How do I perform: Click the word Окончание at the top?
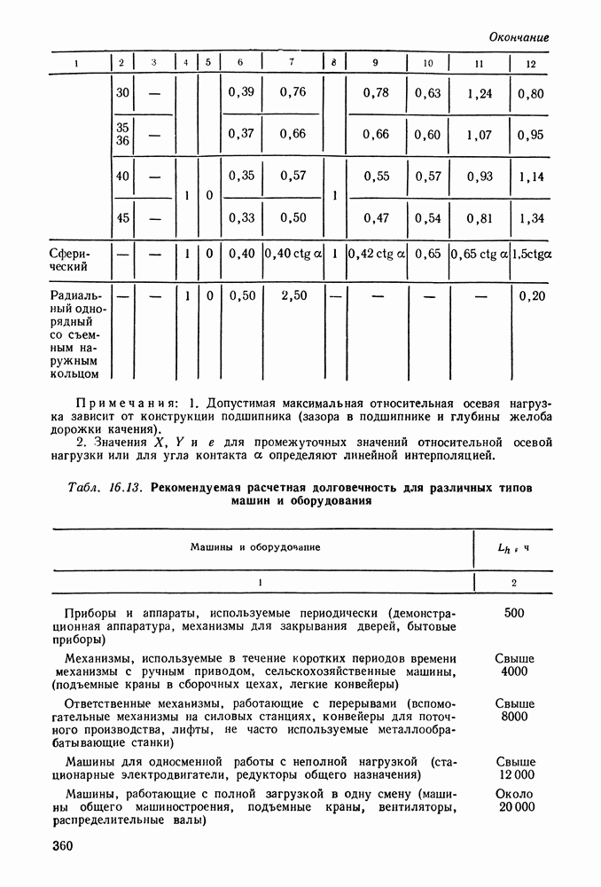point(519,37)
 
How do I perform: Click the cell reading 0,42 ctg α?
point(376,254)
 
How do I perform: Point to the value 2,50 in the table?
point(293,295)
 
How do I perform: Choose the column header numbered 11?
point(479,63)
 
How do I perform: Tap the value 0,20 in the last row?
point(532,295)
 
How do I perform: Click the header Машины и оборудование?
point(255,547)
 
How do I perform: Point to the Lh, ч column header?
point(514,547)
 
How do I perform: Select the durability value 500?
point(514,613)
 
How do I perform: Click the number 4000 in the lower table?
point(514,671)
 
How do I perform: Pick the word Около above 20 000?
point(515,792)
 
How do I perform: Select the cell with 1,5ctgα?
point(531,254)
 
